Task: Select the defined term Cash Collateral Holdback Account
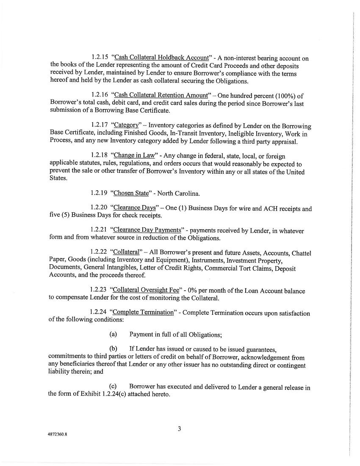(161, 58)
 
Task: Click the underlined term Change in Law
(134, 155)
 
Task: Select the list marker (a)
(113, 334)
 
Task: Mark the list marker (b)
(113, 349)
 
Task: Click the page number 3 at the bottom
(179, 429)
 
